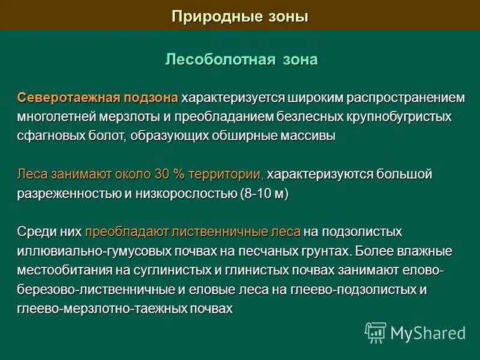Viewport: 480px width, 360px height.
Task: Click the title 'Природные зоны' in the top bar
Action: pyautogui.click(x=240, y=16)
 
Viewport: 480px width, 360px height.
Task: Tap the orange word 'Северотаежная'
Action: pyautogui.click(x=63, y=97)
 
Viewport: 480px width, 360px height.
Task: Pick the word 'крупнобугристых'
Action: pyautogui.click(x=401, y=116)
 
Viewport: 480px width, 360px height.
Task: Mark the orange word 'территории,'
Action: pyautogui.click(x=226, y=175)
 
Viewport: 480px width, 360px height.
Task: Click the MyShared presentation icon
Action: pyautogui.click(x=376, y=332)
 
